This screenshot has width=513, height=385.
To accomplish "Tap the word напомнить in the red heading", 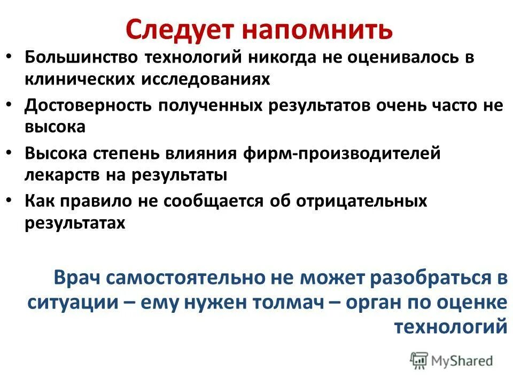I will (x=317, y=29).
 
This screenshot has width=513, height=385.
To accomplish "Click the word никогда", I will (x=289, y=57).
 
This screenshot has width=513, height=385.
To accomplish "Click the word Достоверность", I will (x=88, y=105).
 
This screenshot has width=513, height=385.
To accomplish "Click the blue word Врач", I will (x=77, y=278).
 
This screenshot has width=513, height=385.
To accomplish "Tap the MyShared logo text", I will (x=463, y=361).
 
